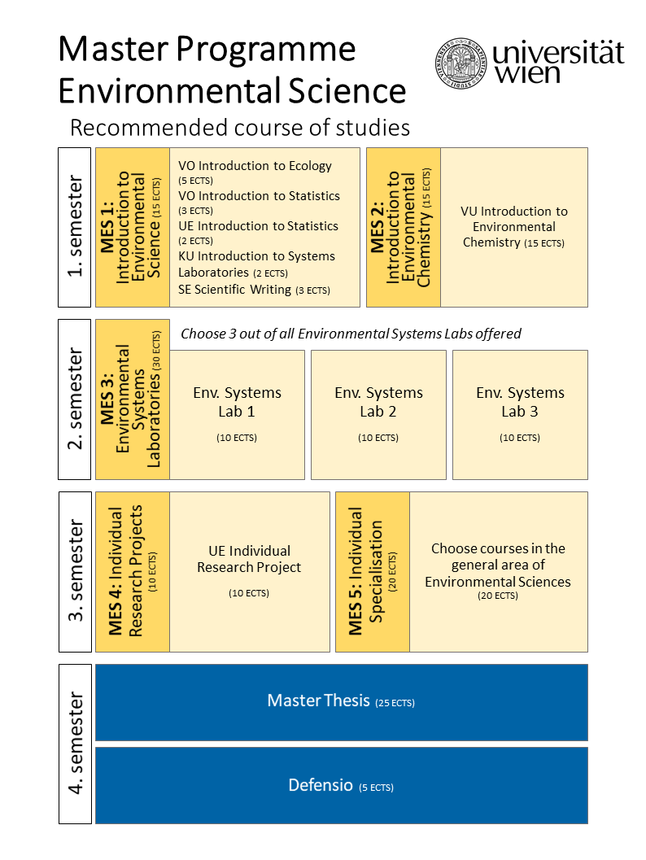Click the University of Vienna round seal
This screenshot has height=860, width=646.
(460, 63)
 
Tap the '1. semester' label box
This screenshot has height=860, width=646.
(75, 227)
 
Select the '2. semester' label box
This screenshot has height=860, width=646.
(75, 399)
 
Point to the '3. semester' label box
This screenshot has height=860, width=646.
(75, 571)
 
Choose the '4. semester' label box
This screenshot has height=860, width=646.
(75, 744)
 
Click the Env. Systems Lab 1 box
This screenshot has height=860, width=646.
(237, 415)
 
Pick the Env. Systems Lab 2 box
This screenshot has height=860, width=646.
(378, 415)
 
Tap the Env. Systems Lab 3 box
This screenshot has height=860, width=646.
(520, 415)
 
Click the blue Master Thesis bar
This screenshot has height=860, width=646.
(342, 702)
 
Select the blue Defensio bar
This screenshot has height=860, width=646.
(342, 785)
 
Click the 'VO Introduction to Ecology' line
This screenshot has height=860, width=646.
(255, 166)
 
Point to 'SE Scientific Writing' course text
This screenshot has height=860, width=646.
(234, 289)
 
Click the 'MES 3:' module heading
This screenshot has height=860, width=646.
(107, 399)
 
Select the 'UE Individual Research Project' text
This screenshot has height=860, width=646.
(249, 559)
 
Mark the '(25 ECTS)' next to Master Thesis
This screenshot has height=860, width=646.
(395, 703)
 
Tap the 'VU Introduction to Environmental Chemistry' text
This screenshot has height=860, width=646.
(514, 226)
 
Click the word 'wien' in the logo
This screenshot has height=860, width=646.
(527, 73)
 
